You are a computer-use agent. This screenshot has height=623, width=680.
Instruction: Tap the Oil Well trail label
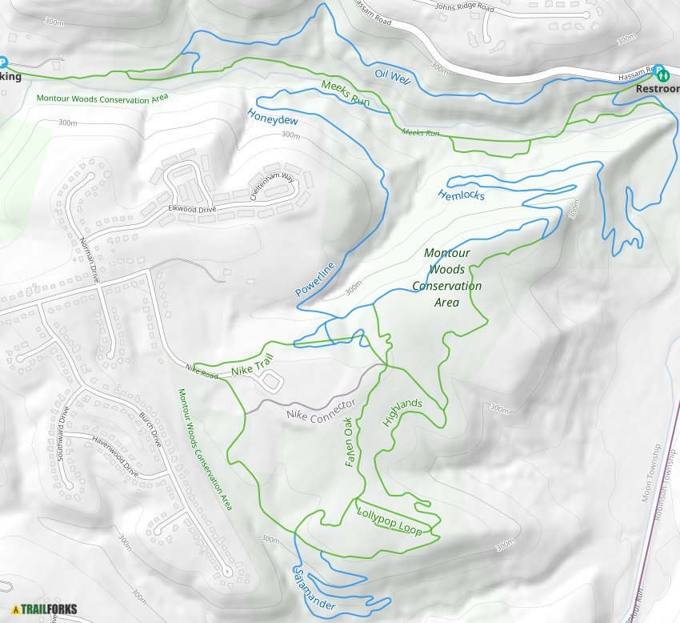(x=392, y=78)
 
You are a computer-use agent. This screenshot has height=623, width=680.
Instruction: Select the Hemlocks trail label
(x=461, y=195)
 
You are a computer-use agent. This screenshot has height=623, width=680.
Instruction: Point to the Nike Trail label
(x=253, y=369)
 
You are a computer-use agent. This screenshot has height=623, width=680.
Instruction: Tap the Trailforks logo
(x=46, y=609)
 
